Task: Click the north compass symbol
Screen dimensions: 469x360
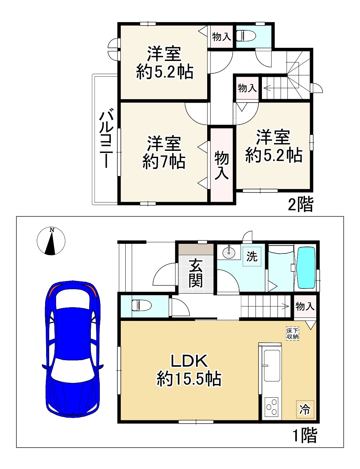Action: pos(51,241)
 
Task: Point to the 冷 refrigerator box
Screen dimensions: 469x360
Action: pos(305,409)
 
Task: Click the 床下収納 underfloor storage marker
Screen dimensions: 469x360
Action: pos(293,334)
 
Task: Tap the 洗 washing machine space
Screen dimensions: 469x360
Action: pos(252,257)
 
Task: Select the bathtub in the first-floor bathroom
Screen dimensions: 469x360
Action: pos(306,268)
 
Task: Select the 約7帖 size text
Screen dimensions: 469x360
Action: pos(164,161)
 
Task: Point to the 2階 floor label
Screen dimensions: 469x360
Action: pos(300,205)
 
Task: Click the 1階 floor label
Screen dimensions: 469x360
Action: pos(304,436)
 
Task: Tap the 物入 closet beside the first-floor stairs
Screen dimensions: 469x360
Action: pos(305,306)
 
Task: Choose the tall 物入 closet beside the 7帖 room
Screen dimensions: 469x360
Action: pos(222,165)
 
